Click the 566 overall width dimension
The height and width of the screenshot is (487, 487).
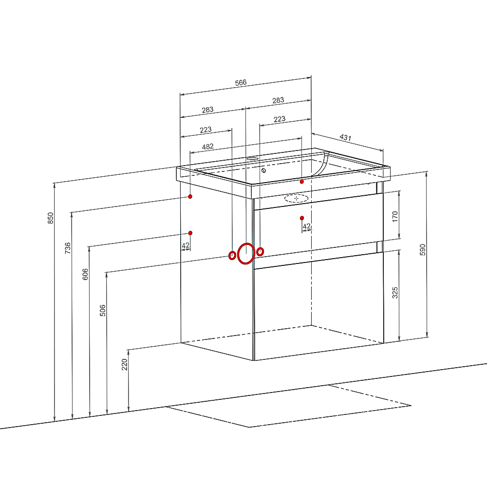pos(241,83)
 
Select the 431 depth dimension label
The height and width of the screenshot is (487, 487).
pos(345,137)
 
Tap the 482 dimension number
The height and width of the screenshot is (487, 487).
pos(208,147)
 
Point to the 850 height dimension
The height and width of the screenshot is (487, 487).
pos(51,218)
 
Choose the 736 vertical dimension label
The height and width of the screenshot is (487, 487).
pos(68,248)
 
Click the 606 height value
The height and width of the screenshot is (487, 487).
pos(85,274)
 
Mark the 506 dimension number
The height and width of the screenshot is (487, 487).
pos(102,311)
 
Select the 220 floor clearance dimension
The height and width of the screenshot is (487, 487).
pos(125,364)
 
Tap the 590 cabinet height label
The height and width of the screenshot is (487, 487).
pos(423,250)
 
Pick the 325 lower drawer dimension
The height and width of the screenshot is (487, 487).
pos(395,293)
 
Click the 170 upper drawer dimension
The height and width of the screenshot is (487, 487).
pos(395,216)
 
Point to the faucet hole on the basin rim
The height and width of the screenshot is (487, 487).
pos(252,158)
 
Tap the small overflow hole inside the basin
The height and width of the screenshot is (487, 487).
pos(263,170)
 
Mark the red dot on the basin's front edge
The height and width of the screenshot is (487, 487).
pos(302,182)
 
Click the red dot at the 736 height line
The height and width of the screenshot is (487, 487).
pos(190,197)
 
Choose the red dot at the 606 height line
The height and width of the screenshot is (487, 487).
pos(190,233)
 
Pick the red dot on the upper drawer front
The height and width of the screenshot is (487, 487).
pos(302,218)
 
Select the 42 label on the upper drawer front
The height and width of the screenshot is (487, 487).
pos(306,226)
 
